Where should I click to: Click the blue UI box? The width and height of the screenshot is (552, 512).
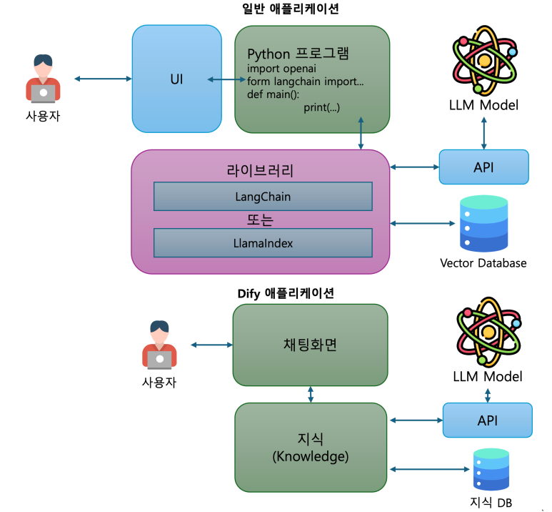(176, 79)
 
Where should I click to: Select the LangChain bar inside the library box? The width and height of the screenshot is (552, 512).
(263, 196)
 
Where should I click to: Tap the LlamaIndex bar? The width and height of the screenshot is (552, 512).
(263, 243)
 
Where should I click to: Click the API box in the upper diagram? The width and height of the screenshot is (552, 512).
(483, 167)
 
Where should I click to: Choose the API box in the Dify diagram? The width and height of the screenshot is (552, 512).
(487, 420)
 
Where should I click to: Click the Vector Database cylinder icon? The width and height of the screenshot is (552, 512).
(483, 223)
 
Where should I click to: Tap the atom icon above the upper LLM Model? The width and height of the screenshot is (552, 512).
(485, 60)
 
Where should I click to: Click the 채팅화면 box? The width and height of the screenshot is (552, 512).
(310, 344)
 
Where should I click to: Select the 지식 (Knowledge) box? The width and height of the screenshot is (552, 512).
(310, 447)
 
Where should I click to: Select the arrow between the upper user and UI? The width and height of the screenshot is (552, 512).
(102, 79)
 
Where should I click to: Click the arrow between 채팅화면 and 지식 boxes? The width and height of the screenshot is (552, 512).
(311, 394)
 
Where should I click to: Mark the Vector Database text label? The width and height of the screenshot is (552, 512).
(483, 263)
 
